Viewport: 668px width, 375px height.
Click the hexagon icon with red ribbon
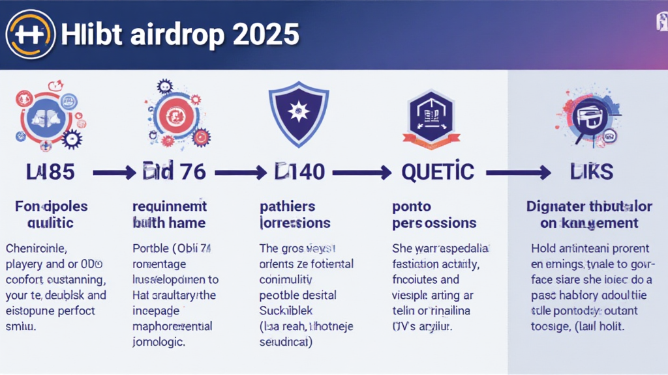427,114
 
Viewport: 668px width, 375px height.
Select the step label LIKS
591,172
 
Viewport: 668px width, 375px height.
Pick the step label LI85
50,172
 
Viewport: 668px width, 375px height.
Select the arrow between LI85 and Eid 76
115,173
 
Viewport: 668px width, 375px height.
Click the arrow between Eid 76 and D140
241,173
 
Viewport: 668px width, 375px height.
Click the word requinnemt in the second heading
169,206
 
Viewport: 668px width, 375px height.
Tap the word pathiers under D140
287,206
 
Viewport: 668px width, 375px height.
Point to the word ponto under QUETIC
412,206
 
